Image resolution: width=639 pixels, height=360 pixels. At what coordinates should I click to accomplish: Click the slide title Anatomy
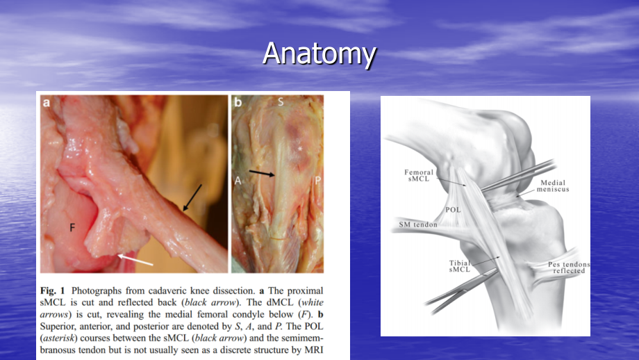[x=319, y=54]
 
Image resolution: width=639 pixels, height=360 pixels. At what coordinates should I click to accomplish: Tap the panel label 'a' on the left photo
[x=47, y=102]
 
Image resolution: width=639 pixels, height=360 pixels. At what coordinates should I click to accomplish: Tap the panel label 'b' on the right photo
[x=238, y=102]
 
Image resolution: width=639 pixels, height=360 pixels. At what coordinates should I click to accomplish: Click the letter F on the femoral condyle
[x=72, y=227]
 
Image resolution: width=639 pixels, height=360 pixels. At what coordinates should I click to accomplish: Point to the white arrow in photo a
[x=135, y=260]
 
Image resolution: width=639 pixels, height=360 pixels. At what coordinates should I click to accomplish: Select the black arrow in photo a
[x=192, y=198]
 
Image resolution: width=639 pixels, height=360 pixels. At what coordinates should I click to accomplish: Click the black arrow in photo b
[x=262, y=174]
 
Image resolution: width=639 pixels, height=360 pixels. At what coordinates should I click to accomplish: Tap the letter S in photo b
[x=281, y=102]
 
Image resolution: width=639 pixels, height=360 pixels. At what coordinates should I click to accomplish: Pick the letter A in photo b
[x=238, y=180]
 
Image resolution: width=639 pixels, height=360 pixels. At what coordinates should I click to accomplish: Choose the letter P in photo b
[x=318, y=180]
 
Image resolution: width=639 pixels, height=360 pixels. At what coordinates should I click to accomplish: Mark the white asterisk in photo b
[x=300, y=149]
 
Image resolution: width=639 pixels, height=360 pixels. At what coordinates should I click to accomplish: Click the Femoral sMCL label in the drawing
[x=419, y=175]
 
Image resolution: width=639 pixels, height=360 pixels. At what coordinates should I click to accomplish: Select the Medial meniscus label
[x=553, y=186]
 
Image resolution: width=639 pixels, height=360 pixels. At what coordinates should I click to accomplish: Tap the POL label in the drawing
[x=453, y=210]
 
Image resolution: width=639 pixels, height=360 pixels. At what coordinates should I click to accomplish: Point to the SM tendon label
[x=417, y=224]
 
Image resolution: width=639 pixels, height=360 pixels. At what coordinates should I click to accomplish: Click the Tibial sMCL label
[x=460, y=266]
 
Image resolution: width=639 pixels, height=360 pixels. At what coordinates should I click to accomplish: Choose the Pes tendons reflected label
[x=569, y=268]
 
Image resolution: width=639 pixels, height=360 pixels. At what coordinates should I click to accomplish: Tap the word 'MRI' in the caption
[x=314, y=350]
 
